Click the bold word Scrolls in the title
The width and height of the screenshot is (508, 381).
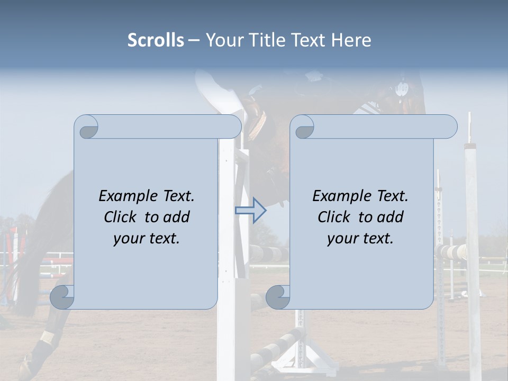pyautogui.click(x=156, y=40)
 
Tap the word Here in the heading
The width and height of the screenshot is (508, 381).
pyautogui.click(x=351, y=40)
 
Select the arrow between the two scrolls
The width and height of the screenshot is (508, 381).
pyautogui.click(x=250, y=211)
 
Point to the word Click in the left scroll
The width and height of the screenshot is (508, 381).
pyautogui.click(x=121, y=217)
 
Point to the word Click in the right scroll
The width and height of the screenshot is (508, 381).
pyautogui.click(x=334, y=217)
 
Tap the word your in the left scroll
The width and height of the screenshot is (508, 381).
pyautogui.click(x=129, y=239)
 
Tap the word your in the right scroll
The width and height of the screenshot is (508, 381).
pyautogui.click(x=343, y=239)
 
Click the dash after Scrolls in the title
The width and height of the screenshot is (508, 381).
pyautogui.click(x=194, y=40)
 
